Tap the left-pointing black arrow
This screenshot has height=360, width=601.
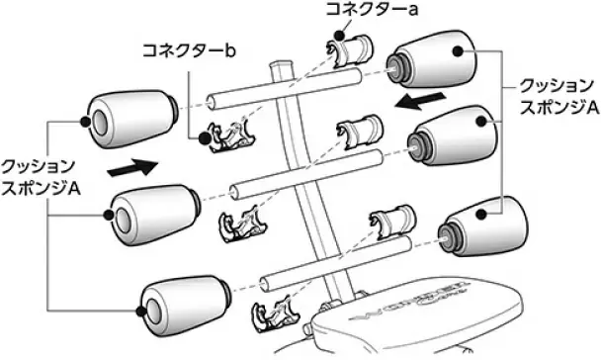pyautogui.click(x=413, y=103)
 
